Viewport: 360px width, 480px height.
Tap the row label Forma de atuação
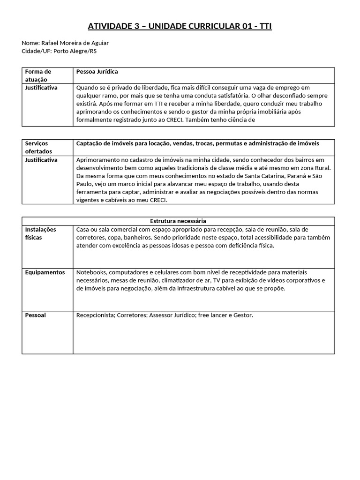point(38,75)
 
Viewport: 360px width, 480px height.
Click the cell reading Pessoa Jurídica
point(97,72)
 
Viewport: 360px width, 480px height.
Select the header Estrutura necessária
point(178,221)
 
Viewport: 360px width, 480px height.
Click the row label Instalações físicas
point(40,233)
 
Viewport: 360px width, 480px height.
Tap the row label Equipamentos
point(45,272)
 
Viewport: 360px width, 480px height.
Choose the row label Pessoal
point(36,315)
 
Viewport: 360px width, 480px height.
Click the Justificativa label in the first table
point(41,88)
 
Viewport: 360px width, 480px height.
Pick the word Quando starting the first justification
point(88,88)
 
